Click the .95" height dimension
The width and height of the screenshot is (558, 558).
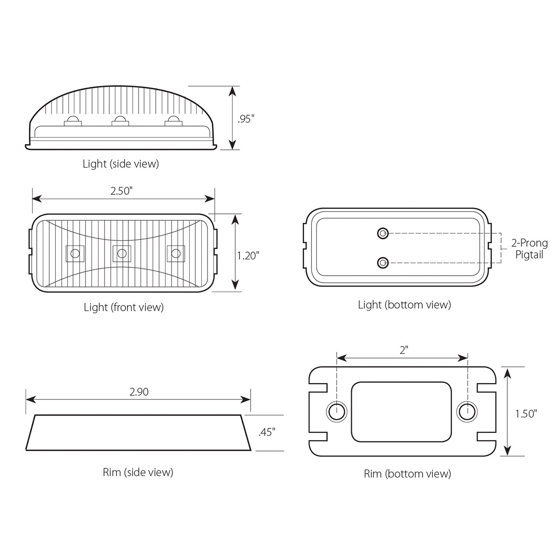click(246, 119)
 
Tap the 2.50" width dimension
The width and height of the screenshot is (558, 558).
click(124, 191)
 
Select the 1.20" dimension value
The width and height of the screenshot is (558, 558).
click(247, 255)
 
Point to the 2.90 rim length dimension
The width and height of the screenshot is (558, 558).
click(139, 392)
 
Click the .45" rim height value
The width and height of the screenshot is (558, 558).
click(266, 432)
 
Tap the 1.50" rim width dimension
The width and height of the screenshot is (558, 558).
click(526, 413)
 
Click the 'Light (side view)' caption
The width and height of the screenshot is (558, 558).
click(121, 164)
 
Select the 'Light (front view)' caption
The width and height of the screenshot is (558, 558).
click(124, 307)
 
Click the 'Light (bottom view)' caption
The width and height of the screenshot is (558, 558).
click(405, 305)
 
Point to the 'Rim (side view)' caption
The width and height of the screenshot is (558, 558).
click(138, 472)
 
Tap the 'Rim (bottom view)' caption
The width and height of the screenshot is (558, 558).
click(407, 473)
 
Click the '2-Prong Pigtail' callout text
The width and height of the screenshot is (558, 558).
click(529, 249)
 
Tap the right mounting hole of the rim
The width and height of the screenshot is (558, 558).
click(466, 411)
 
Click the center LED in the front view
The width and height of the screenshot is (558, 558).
click(122, 253)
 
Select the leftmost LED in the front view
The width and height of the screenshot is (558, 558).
click(74, 253)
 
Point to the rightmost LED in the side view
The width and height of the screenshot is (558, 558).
click(173, 121)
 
